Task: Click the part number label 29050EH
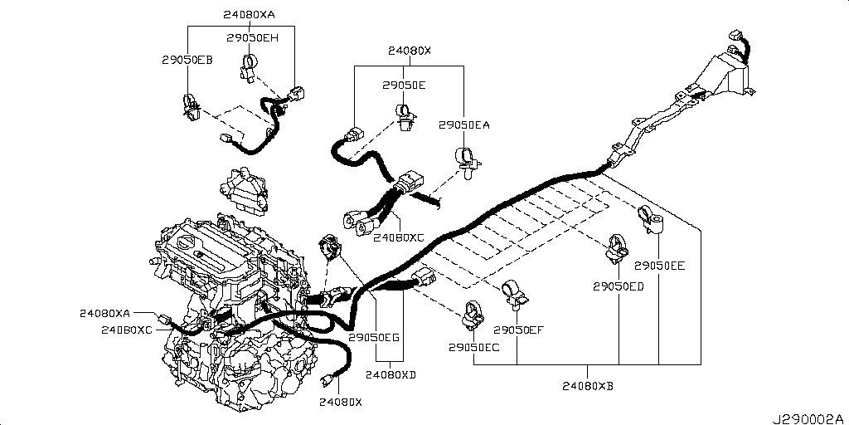(x=253, y=37)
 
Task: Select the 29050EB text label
(x=187, y=60)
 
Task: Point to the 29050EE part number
(x=659, y=266)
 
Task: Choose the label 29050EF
(x=518, y=330)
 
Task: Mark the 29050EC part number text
(x=474, y=347)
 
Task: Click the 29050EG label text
(x=374, y=338)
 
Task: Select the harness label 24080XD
(x=391, y=374)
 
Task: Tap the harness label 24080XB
(x=588, y=385)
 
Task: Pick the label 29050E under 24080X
(x=404, y=85)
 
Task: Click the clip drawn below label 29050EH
(x=250, y=66)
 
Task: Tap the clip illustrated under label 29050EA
(x=466, y=159)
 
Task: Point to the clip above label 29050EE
(x=651, y=220)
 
